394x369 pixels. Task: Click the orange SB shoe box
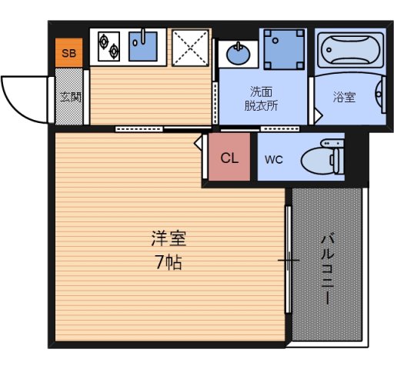click(69, 53)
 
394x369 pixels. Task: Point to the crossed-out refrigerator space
click(188, 46)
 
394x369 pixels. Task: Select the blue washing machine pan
click(284, 50)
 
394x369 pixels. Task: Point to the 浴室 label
click(344, 98)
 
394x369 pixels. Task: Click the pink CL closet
click(229, 158)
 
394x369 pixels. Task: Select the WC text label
click(274, 160)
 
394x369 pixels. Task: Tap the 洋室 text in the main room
click(169, 239)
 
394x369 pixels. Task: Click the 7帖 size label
click(169, 262)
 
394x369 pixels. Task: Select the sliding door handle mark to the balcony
click(289, 261)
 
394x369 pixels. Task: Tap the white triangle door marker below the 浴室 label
click(319, 113)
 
